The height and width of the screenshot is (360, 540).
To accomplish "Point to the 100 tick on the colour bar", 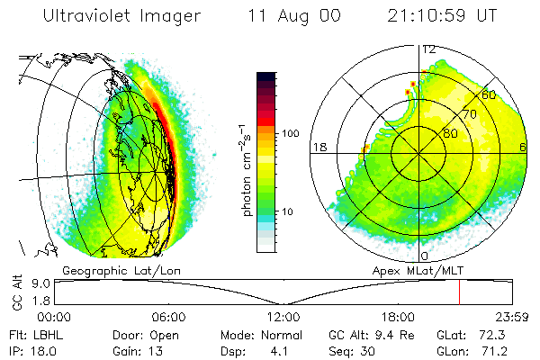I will [290, 133].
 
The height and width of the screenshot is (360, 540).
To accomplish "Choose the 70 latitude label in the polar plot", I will [469, 114].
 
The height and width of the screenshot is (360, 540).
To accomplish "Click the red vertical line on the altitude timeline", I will [459, 292].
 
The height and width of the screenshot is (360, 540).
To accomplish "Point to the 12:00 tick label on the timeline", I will [283, 316].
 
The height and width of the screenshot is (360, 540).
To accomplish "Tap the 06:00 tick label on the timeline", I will [169, 316].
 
